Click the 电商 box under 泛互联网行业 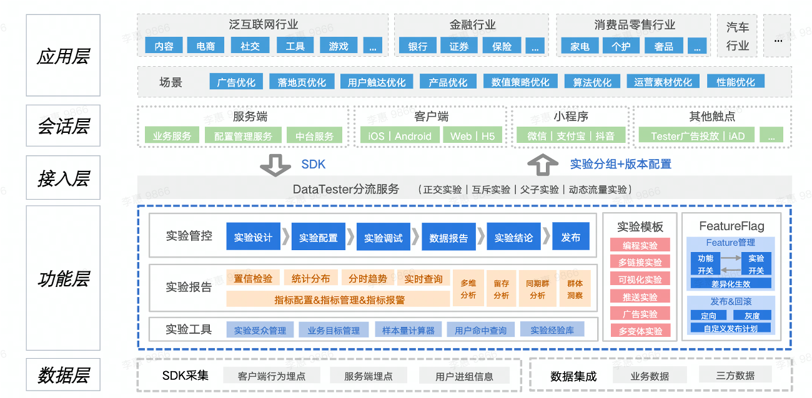[205, 46]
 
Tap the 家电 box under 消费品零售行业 [580, 46]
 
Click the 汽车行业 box [737, 36]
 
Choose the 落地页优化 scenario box [302, 82]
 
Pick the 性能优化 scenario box [736, 82]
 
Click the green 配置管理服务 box [243, 136]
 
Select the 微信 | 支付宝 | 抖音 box [570, 136]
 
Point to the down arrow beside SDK [275, 165]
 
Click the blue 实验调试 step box [384, 237]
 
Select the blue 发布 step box [570, 237]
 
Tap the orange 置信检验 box [253, 278]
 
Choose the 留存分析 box [501, 289]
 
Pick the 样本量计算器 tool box [408, 330]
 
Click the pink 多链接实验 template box [640, 262]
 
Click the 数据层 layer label [63, 376]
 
